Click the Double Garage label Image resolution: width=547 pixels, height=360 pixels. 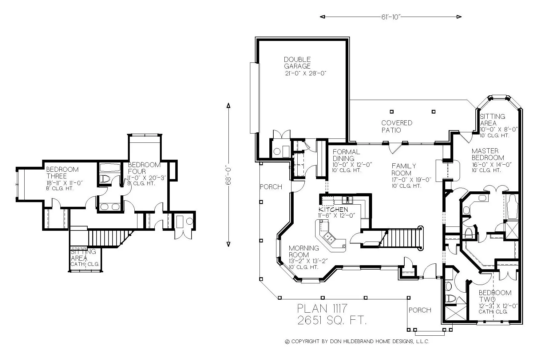(x=297, y=63)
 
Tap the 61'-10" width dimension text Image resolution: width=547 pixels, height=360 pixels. (x=390, y=17)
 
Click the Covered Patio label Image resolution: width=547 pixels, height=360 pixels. (x=396, y=126)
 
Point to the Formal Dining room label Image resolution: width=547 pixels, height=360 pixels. (x=346, y=155)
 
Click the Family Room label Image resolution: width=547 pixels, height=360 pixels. (x=403, y=170)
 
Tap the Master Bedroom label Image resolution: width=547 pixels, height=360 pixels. (x=488, y=154)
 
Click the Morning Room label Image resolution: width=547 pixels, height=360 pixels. (x=303, y=251)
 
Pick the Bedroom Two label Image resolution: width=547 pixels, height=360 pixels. (x=495, y=296)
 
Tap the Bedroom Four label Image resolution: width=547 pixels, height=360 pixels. (x=144, y=168)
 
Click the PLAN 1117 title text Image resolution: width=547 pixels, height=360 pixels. (x=322, y=308)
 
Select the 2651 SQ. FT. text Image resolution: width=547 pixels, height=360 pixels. (x=332, y=321)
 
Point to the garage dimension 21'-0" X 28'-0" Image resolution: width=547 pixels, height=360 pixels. (x=305, y=74)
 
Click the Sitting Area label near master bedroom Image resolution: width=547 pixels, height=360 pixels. (x=492, y=120)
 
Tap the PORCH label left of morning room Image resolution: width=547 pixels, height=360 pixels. (x=271, y=187)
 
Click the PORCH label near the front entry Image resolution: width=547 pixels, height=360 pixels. (x=420, y=310)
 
